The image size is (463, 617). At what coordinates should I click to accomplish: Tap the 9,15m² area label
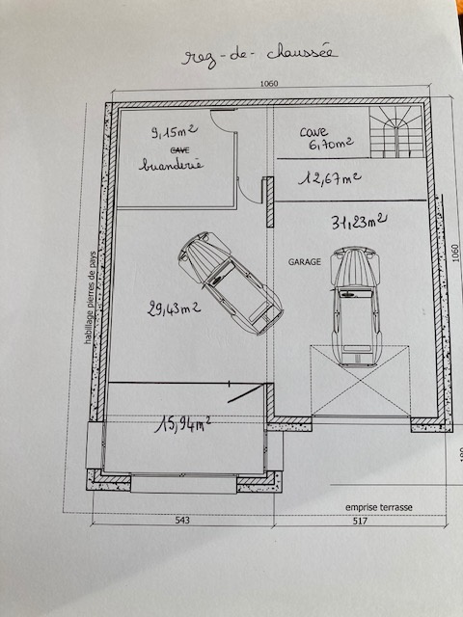(x=175, y=131)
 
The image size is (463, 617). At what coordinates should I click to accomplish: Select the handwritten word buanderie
(x=172, y=165)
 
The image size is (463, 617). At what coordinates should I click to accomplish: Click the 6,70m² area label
(x=331, y=144)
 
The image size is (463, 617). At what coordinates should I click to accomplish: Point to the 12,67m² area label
(x=330, y=178)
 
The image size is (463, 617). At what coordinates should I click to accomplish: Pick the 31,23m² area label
(x=359, y=222)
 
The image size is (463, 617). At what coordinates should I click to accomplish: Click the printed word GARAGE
(x=305, y=261)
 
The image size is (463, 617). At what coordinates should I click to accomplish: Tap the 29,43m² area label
(x=174, y=308)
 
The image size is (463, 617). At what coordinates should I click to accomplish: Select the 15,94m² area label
(x=182, y=424)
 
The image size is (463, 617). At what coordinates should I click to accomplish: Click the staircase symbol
(x=396, y=132)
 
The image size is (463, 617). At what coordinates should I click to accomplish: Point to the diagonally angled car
(x=231, y=283)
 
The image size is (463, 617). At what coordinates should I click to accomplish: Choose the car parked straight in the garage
(x=356, y=307)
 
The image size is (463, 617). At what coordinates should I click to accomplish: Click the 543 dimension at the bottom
(x=182, y=521)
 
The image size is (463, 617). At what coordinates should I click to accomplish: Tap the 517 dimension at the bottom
(x=360, y=521)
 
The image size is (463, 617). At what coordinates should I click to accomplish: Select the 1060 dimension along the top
(x=269, y=84)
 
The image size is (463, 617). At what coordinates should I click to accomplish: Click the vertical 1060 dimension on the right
(x=455, y=253)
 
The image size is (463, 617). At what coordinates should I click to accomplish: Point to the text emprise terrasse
(x=379, y=507)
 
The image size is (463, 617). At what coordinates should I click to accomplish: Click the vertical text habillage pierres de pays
(x=90, y=298)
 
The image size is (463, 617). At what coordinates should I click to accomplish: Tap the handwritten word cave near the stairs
(x=313, y=132)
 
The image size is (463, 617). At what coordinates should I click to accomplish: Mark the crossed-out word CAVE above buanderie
(x=180, y=150)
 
